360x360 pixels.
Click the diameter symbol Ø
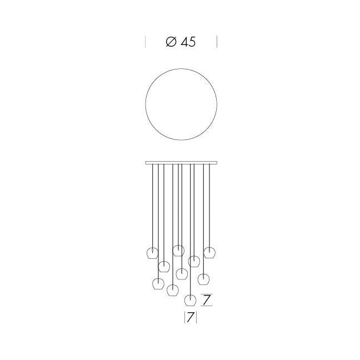pyautogui.click(x=171, y=42)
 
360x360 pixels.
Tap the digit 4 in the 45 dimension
pyautogui.click(x=184, y=42)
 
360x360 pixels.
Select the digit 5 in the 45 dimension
pyautogui.click(x=192, y=42)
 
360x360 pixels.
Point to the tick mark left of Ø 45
pyautogui.click(x=146, y=42)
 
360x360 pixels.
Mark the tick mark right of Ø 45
pyautogui.click(x=217, y=42)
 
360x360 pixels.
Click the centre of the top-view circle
pyautogui.click(x=181, y=104)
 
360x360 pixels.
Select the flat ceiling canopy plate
pyautogui.click(x=181, y=163)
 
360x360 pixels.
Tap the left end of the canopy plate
pyautogui.click(x=146, y=163)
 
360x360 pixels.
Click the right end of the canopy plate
pyautogui.click(x=217, y=163)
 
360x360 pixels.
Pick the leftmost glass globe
pyautogui.click(x=152, y=253)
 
